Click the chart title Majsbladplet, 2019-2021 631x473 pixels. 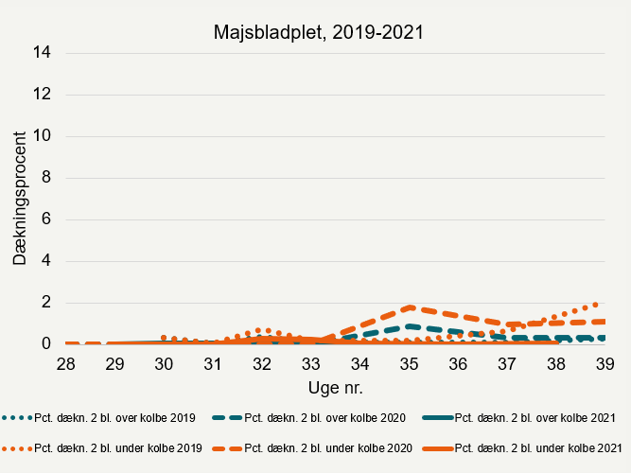point(316,32)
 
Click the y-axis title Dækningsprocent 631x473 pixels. point(20,198)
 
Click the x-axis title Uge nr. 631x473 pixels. point(335,388)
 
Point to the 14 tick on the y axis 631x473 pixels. point(42,53)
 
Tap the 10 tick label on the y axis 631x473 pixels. point(42,136)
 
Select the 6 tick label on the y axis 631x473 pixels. point(45,219)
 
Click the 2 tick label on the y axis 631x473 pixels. point(45,303)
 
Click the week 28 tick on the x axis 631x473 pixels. point(66,364)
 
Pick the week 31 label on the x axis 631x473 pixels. point(213,364)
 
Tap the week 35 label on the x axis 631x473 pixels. point(409,364)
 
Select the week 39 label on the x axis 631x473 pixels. point(605,364)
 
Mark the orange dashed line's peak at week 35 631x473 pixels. point(409,307)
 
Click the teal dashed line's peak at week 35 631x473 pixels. point(409,325)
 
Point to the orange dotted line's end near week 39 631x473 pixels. point(596,304)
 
